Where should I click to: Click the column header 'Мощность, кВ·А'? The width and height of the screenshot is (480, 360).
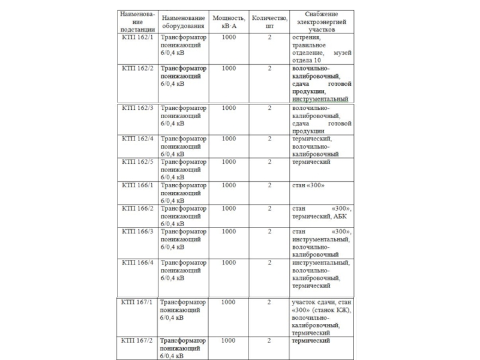[x=229, y=22]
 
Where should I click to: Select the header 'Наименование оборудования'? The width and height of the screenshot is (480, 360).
[x=183, y=22]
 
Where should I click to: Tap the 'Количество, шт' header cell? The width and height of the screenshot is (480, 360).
[x=269, y=22]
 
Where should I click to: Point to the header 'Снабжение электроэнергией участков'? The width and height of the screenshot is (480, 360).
[x=321, y=21]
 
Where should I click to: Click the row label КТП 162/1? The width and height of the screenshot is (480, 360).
[x=137, y=38]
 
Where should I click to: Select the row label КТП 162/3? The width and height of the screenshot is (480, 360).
[x=137, y=108]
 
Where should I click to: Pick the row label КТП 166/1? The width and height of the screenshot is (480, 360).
[x=137, y=185]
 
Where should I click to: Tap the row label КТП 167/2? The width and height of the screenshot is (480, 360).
[x=137, y=341]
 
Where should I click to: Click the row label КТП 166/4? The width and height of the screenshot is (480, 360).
[x=137, y=263]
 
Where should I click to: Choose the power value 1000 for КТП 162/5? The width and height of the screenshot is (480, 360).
[x=229, y=162]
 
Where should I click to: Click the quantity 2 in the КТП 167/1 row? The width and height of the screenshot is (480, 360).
[x=269, y=302]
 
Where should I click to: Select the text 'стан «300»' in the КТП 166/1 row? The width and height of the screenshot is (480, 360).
[x=308, y=185]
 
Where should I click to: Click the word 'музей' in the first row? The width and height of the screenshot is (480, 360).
[x=341, y=53]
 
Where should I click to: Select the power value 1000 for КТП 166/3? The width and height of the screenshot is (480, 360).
[x=229, y=232]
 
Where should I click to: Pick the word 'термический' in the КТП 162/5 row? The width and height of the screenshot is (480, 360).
[x=311, y=162]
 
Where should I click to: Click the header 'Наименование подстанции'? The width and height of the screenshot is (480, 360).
[x=137, y=21]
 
